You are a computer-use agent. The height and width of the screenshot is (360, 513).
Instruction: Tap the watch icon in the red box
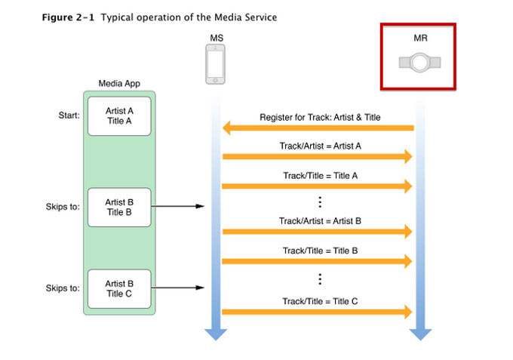[x=419, y=62]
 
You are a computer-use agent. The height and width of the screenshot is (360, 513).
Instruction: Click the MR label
[x=419, y=36]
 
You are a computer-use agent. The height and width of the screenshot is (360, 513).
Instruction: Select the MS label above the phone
[x=217, y=36]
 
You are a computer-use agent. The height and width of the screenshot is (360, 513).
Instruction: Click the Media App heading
[x=119, y=83]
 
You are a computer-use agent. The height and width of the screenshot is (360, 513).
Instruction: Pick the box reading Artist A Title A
[x=119, y=115]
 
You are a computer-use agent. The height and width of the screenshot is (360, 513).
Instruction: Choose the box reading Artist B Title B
[x=119, y=207]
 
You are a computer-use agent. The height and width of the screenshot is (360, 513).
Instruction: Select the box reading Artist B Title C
[x=119, y=288]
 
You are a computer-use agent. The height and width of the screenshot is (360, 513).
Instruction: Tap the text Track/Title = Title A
[x=320, y=174]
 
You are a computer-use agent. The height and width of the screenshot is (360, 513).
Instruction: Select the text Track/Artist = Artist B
[x=320, y=220]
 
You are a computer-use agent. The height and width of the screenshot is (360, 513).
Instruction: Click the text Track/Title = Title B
[x=320, y=250]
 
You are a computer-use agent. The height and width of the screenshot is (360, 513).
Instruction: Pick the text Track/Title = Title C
[x=320, y=300]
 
